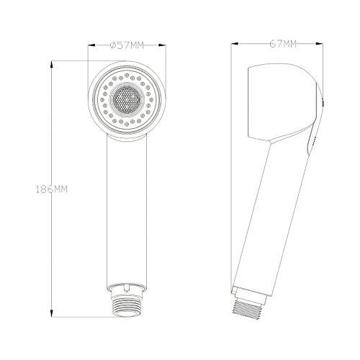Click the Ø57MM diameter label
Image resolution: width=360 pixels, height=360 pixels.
click(127, 45)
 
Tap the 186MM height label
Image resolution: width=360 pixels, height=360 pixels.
click(52, 189)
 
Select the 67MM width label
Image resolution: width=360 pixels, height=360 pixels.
click(283, 44)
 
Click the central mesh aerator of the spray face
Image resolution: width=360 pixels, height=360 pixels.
click(126, 99)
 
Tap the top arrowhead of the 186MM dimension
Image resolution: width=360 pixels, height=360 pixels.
click(52, 64)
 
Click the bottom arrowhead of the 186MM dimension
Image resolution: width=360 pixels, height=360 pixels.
click(52, 313)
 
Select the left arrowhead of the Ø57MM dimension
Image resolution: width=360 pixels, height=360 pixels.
click(91, 45)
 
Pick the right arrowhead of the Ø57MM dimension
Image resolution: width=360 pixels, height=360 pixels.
click(162, 45)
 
